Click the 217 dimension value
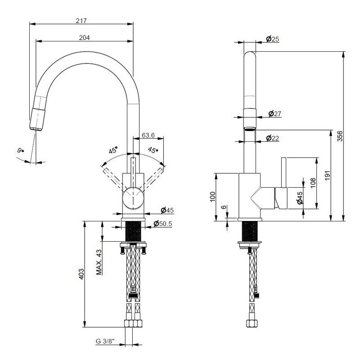[x=81, y=21]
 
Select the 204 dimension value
[x=84, y=37]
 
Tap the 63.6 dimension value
[x=148, y=135]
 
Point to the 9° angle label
[x=21, y=151]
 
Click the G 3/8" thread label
[x=105, y=342]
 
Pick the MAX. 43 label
[x=99, y=262]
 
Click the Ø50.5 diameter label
[x=163, y=223]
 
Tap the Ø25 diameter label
[x=273, y=39]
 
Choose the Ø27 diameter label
[x=275, y=114]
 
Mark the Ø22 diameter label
[x=273, y=138]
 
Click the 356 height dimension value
[x=340, y=136]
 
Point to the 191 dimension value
[x=328, y=175]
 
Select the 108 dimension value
[x=313, y=183]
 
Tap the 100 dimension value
[x=213, y=197]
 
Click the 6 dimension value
[x=224, y=207]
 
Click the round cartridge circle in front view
[x=133, y=198]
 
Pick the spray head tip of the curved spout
[x=36, y=128]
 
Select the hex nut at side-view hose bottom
[x=252, y=323]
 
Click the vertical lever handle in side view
[x=284, y=172]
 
